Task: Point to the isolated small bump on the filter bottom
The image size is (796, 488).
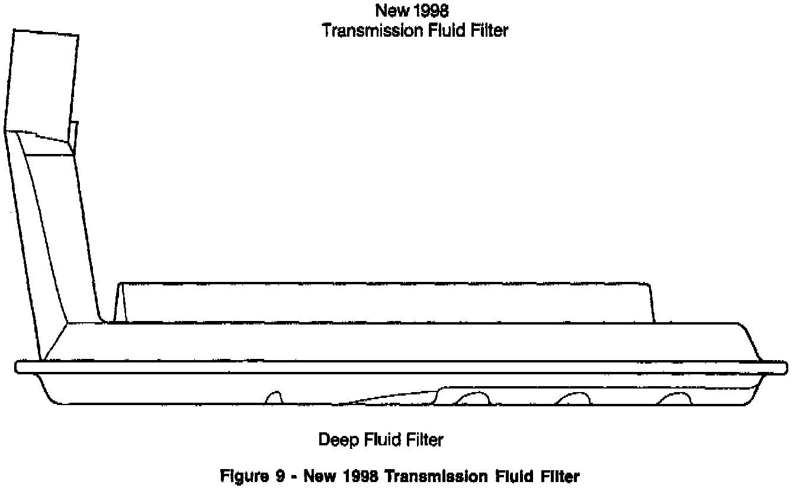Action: click(x=274, y=397)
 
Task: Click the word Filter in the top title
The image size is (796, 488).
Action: click(x=489, y=31)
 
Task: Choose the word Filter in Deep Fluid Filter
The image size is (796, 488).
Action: click(x=425, y=440)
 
